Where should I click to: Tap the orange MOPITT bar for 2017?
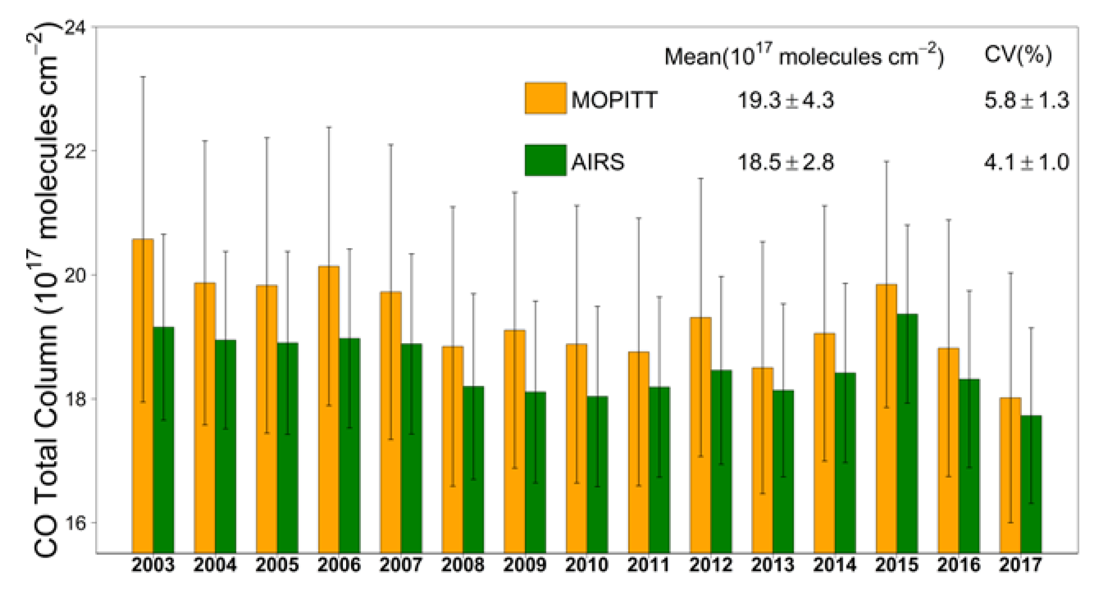[1010, 474]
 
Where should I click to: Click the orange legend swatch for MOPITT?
[545, 98]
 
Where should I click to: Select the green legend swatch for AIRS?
[545, 161]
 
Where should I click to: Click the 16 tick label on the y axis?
[75, 523]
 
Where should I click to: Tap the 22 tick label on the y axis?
[75, 151]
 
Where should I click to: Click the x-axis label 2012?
[711, 565]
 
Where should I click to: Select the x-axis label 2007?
[401, 565]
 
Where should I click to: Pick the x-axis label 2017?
[1020, 565]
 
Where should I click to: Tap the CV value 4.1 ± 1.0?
[1026, 163]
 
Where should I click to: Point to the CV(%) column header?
[1018, 55]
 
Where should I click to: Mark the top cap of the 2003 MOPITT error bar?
[143, 77]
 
